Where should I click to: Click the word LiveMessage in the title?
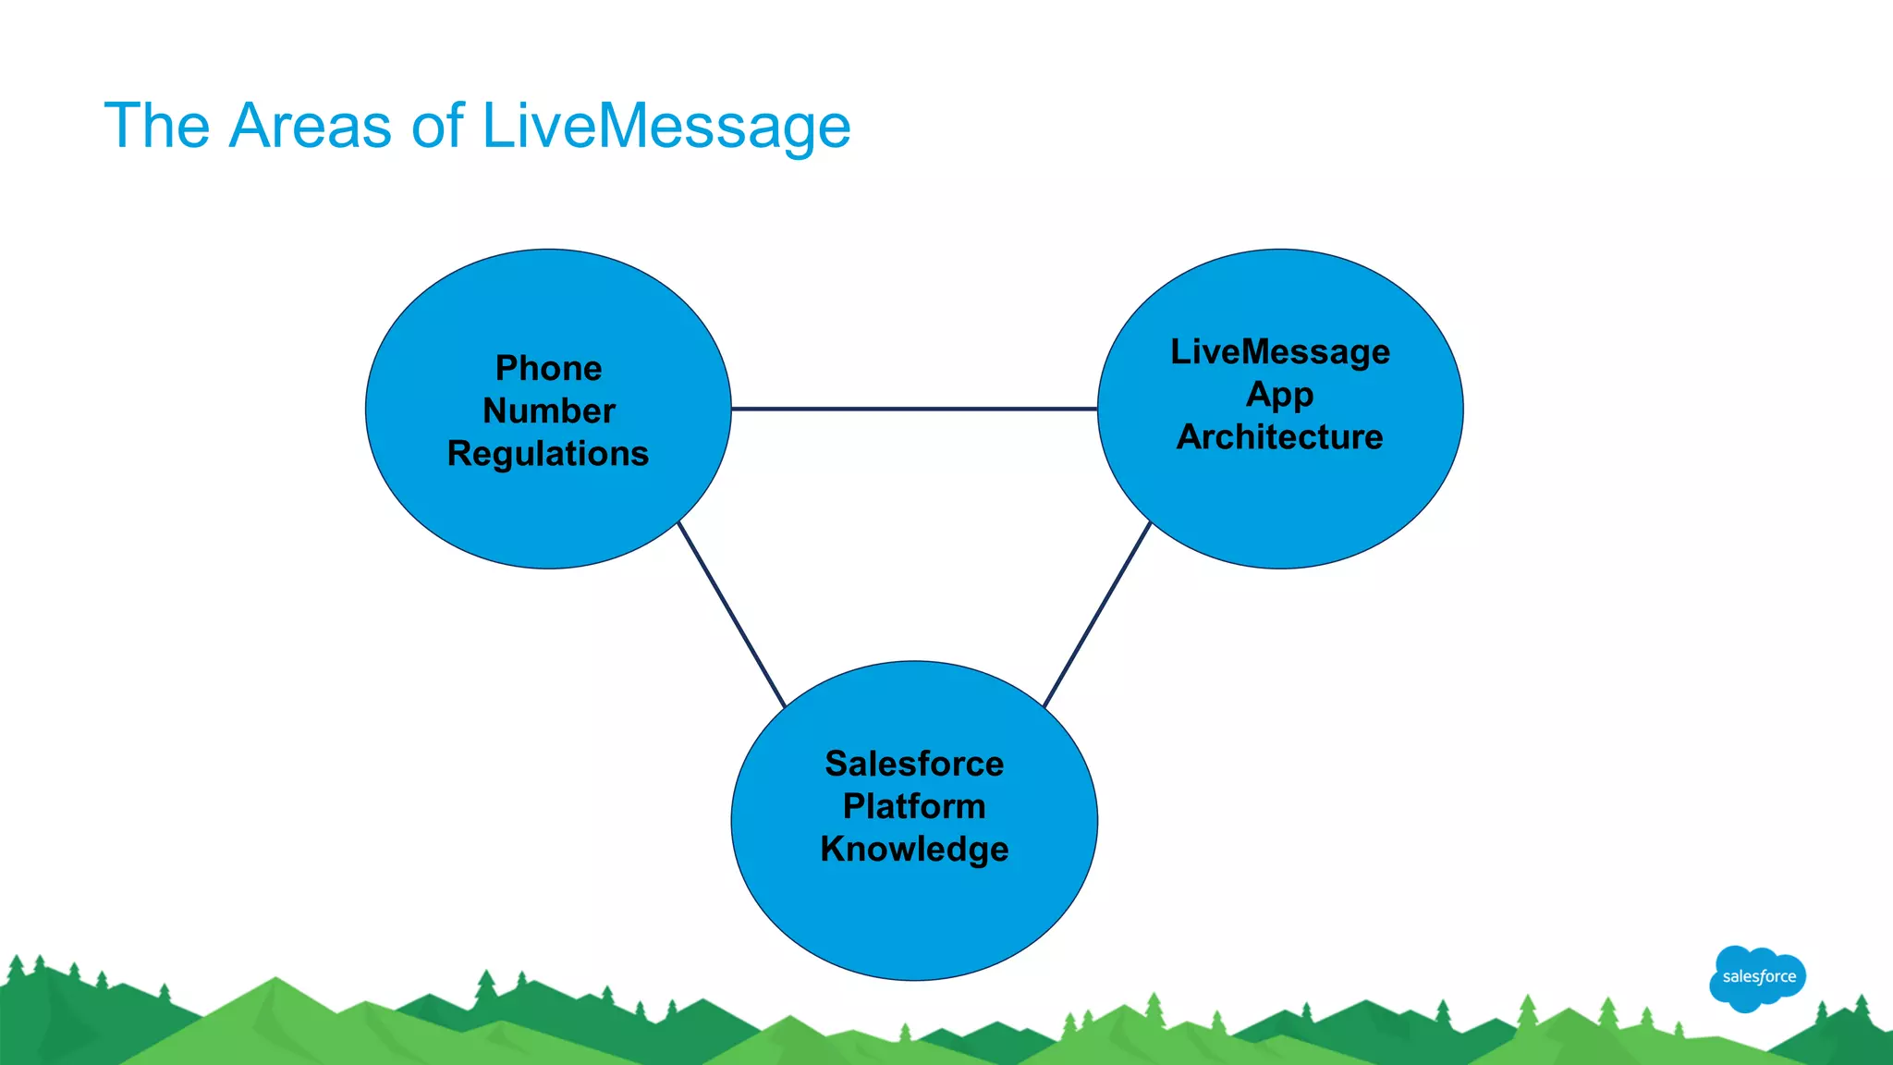(666, 127)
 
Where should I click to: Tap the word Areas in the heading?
(310, 127)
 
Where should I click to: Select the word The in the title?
(157, 127)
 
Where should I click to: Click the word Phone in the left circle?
(548, 368)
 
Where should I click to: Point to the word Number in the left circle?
(548, 410)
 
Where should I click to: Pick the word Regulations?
(548, 454)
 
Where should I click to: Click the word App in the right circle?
(1279, 395)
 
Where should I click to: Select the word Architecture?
(1279, 437)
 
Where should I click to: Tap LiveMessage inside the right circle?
(1279, 352)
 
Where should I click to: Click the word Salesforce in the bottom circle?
(914, 764)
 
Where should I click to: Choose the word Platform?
(914, 806)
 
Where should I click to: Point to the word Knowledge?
(914, 849)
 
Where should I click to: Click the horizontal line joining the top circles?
(914, 409)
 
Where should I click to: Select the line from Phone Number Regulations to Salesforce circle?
(731, 615)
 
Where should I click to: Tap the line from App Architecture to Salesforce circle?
(1097, 615)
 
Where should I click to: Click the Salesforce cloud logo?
(1757, 977)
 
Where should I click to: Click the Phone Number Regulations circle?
(548, 518)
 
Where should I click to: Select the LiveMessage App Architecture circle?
(1279, 508)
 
